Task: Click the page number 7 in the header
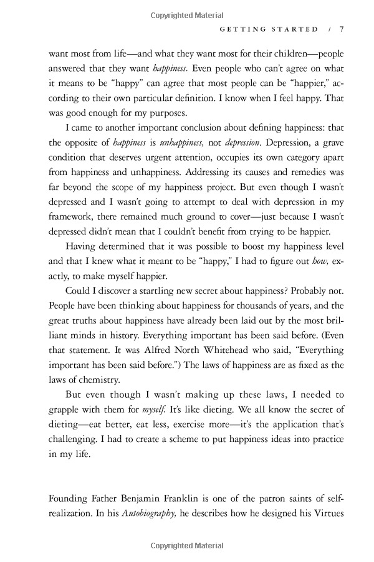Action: (x=342, y=29)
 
